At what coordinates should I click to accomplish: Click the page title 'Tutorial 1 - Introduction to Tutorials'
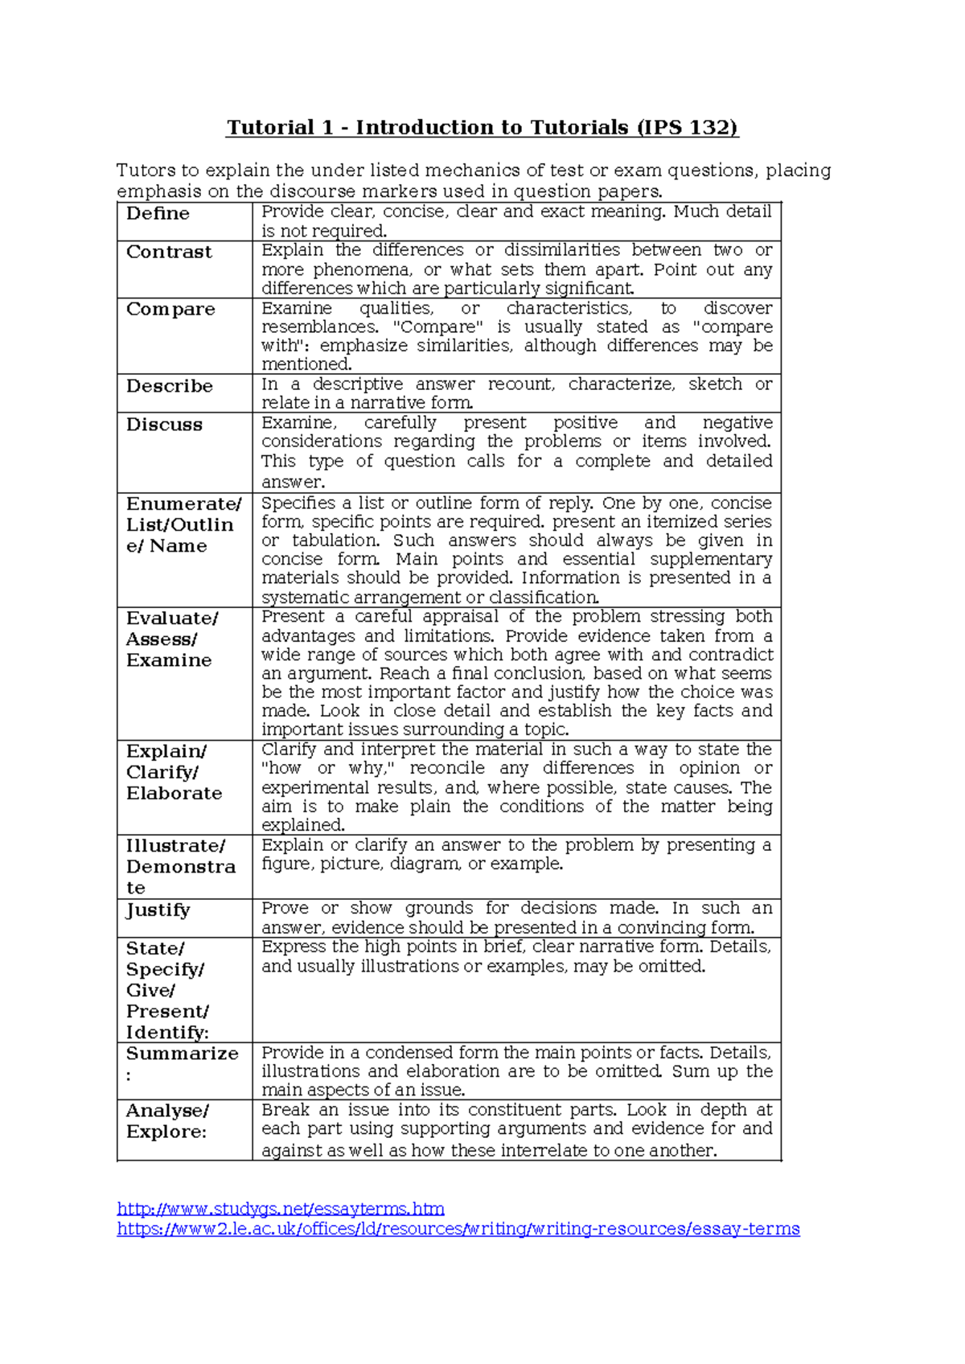point(427,128)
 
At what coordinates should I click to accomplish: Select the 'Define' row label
point(158,214)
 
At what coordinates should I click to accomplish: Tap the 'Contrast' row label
point(169,253)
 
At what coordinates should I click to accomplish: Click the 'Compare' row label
point(170,310)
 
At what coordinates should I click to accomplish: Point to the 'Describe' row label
point(169,386)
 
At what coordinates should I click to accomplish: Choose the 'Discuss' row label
point(164,425)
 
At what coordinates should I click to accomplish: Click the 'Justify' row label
point(158,910)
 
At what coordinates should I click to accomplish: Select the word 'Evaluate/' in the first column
point(172,618)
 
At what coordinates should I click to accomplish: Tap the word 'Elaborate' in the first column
point(174,793)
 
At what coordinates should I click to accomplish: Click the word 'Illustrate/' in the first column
point(175,846)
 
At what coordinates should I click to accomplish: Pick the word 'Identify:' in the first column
point(167,1033)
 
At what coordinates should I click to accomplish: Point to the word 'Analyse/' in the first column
point(167,1111)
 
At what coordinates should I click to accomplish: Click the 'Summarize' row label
point(182,1054)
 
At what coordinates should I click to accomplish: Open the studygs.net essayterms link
point(281,1209)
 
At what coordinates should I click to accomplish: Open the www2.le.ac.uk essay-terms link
point(458,1229)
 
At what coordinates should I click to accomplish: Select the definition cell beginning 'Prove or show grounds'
point(516,918)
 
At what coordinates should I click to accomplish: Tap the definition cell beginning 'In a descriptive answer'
point(516,393)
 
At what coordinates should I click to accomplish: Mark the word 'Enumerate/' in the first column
point(183,504)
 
